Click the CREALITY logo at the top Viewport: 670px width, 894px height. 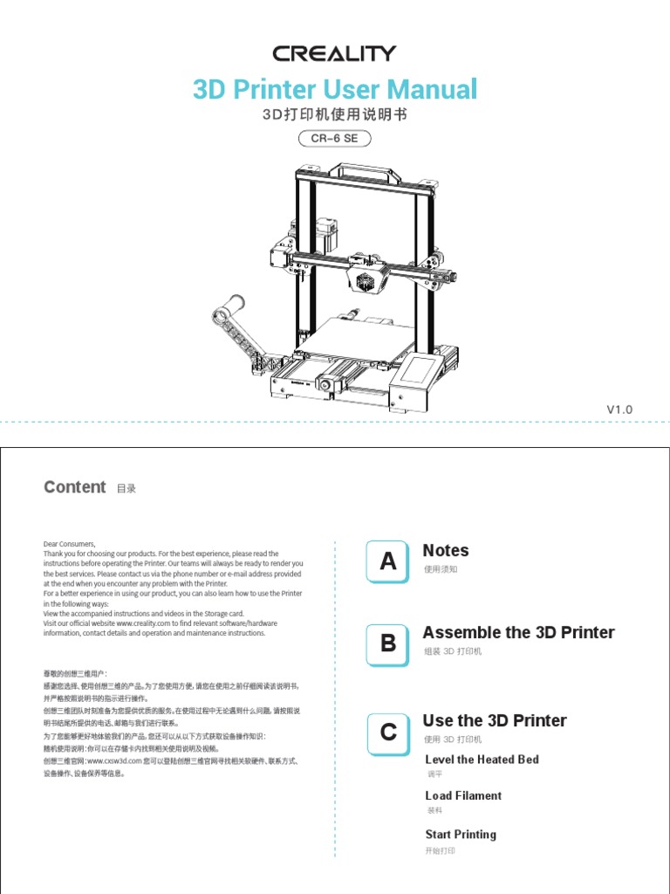click(x=334, y=53)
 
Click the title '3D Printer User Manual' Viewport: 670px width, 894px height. click(x=334, y=89)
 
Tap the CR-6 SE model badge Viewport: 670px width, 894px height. click(x=334, y=138)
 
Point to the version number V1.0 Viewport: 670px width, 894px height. click(x=619, y=409)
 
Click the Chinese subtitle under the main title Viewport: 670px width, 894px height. click(x=334, y=115)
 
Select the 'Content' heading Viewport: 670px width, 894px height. click(x=75, y=487)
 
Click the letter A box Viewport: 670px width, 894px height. click(x=388, y=562)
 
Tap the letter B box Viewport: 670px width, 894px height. click(x=388, y=644)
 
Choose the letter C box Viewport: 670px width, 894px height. click(x=388, y=732)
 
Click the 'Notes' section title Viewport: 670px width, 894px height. click(x=445, y=551)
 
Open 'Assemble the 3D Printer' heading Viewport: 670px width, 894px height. click(x=518, y=632)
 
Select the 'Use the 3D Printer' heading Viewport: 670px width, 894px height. click(x=494, y=720)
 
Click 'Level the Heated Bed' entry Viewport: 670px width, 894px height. click(x=482, y=760)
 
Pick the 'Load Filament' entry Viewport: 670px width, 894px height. click(x=463, y=795)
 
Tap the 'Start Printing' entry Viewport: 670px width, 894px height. click(x=461, y=835)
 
